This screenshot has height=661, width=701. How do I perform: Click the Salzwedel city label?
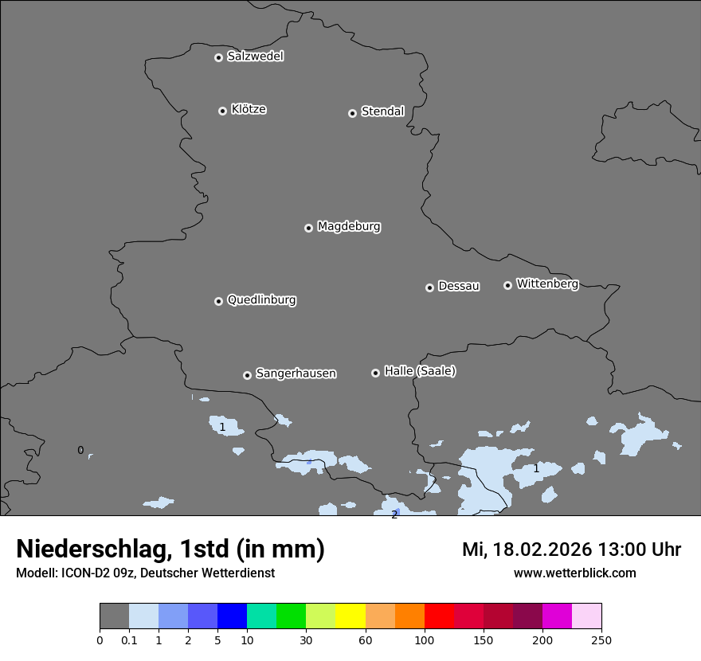(255, 56)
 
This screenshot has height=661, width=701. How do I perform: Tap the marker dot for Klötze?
(222, 111)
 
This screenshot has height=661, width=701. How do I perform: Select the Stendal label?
(382, 111)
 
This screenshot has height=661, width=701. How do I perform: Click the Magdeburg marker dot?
(308, 228)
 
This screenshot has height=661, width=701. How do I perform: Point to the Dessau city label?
(459, 286)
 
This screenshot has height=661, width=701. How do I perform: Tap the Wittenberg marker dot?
(507, 285)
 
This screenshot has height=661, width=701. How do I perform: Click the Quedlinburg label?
(261, 300)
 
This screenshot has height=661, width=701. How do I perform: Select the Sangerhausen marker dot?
(247, 375)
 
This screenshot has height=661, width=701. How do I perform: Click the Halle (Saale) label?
(420, 371)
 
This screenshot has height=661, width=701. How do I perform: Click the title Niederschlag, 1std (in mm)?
(170, 550)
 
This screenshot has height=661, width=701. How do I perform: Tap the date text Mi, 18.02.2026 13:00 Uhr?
(571, 550)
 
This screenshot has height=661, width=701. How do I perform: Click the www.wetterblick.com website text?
(574, 573)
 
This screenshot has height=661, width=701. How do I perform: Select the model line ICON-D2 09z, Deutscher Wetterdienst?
(145, 573)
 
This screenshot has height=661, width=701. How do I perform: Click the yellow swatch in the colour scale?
(350, 616)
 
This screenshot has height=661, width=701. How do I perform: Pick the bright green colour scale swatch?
(292, 616)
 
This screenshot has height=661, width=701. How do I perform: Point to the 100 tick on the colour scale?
(424, 640)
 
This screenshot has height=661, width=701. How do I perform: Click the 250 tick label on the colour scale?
(601, 640)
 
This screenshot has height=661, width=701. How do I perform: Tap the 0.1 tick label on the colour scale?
(129, 640)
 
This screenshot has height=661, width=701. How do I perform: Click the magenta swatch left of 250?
(557, 616)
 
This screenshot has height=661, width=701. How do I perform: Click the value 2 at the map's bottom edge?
(394, 514)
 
